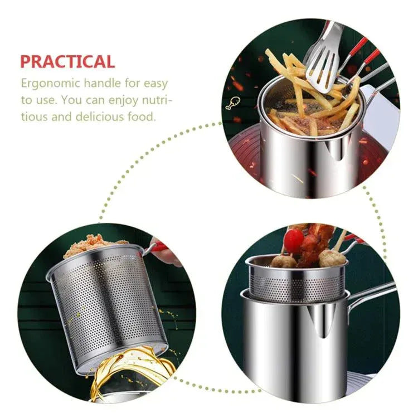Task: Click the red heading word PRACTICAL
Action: [67, 61]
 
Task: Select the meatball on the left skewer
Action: [284, 260]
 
